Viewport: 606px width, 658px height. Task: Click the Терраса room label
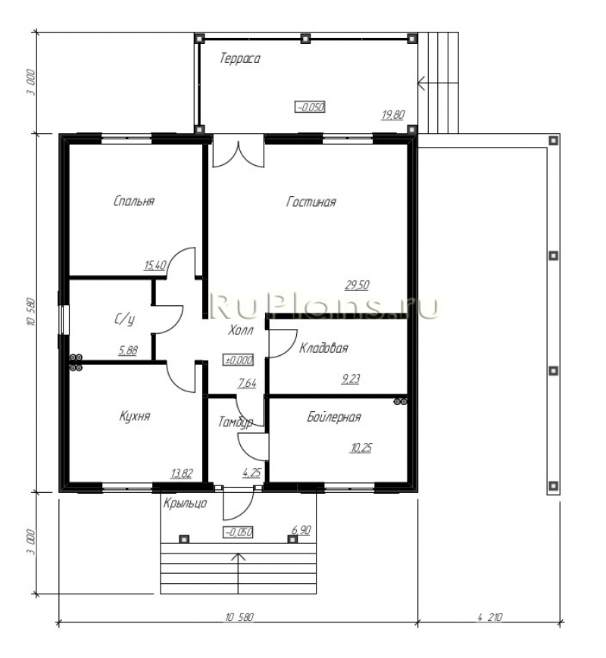(x=240, y=59)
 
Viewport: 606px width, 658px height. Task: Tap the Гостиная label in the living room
(x=311, y=202)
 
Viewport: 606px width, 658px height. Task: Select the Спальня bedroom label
(x=134, y=201)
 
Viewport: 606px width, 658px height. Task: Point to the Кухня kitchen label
(x=135, y=416)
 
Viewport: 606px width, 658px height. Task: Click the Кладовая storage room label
(x=323, y=348)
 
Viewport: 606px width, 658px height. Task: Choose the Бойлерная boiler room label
(x=334, y=416)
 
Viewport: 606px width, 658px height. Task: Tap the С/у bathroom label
(x=125, y=320)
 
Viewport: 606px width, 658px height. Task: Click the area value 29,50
(x=357, y=285)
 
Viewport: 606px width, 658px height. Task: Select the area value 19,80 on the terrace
(x=393, y=114)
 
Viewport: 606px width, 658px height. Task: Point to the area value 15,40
(x=155, y=265)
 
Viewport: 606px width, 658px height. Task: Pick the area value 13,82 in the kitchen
(x=182, y=474)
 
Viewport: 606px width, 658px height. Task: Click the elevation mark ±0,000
(x=239, y=360)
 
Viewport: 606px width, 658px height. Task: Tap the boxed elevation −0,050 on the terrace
(x=310, y=107)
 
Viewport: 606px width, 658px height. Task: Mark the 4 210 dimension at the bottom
(x=489, y=617)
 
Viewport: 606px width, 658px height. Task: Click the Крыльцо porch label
(x=185, y=503)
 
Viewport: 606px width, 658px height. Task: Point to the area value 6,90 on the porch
(x=301, y=530)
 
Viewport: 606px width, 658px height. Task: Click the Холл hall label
(x=241, y=331)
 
